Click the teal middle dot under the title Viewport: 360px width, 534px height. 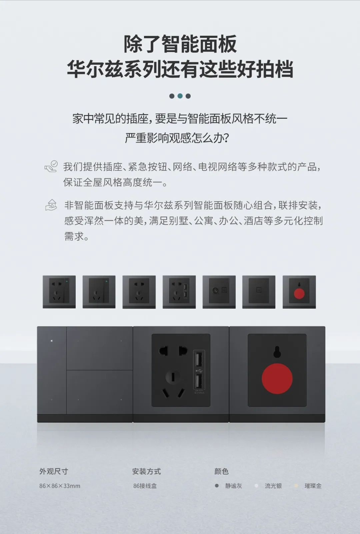coord(180,96)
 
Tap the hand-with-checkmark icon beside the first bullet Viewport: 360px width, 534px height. coord(51,166)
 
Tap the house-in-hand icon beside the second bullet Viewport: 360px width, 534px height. coord(51,205)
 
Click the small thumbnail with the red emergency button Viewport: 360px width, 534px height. coord(299,292)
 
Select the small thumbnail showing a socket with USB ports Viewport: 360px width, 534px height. coord(179,292)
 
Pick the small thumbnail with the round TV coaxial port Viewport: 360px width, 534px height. coord(219,292)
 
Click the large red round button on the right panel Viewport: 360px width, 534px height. coord(277,379)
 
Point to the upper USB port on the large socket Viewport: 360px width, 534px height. coord(199,360)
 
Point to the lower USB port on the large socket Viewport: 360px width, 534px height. coord(199,381)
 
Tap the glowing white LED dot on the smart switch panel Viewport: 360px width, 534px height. coord(52,341)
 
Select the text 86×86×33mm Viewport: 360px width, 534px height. coord(60,486)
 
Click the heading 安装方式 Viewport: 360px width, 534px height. coord(146,471)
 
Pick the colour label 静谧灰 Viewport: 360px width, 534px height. coord(233,486)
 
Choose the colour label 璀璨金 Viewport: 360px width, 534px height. coord(313,486)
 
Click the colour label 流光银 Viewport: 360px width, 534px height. coord(273,486)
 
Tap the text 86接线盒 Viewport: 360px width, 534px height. coord(145,486)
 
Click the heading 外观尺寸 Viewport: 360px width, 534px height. coord(54,471)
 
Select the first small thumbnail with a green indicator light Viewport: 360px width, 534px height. coord(59,292)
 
